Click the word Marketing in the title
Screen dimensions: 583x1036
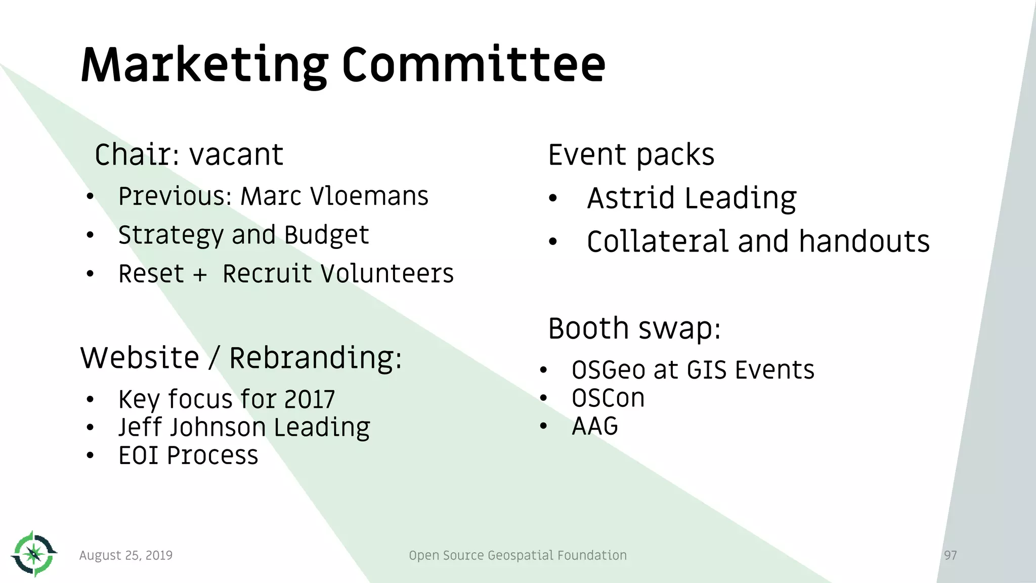tap(204, 66)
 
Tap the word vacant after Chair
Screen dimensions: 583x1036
tap(236, 155)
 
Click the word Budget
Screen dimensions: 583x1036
tap(326, 235)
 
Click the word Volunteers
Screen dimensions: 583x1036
tap(388, 274)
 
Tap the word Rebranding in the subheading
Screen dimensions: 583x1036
tap(315, 358)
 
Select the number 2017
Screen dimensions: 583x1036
tap(309, 400)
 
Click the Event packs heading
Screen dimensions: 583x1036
tap(631, 155)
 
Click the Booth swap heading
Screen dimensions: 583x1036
tap(634, 329)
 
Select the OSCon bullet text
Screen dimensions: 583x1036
tap(608, 398)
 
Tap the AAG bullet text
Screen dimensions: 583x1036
tap(595, 426)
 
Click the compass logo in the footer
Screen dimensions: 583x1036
tap(34, 554)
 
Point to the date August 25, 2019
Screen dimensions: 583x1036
tap(126, 556)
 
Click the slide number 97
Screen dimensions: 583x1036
tap(950, 556)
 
